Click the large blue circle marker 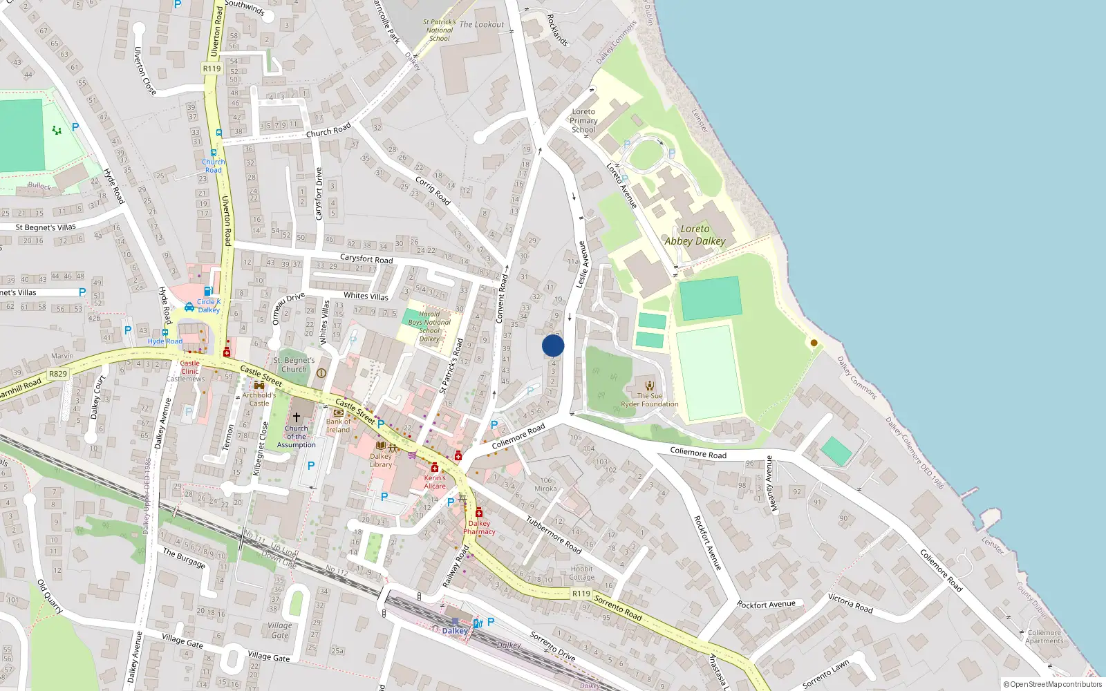tap(553, 345)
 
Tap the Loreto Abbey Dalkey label tap(695, 235)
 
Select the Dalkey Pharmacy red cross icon tap(478, 513)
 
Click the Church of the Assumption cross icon tap(297, 417)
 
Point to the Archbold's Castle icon tap(259, 386)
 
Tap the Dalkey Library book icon tap(381, 446)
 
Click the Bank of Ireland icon tap(339, 413)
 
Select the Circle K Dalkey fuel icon tap(208, 292)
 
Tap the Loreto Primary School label tap(583, 120)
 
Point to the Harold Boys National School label tap(429, 326)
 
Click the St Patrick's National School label tap(440, 30)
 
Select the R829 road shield tap(58, 374)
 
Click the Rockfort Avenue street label tap(766, 605)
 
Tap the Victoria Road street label tap(850, 603)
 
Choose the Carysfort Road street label tap(366, 259)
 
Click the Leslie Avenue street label tap(582, 264)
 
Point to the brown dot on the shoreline tap(814, 343)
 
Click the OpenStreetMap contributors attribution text tap(1053, 684)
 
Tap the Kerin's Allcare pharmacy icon tap(435, 468)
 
